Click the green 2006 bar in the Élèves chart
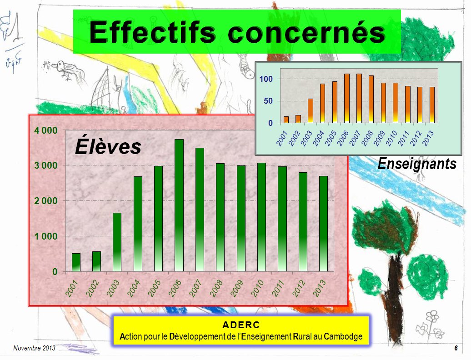179,205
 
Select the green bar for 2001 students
76,262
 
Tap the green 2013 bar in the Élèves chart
324,224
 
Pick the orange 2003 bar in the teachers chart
311,111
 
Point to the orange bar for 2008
371,99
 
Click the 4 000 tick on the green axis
45,130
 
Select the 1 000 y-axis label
45,236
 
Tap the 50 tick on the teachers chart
268,101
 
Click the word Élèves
108,146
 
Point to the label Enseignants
417,164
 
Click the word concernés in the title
306,32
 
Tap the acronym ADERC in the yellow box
241,325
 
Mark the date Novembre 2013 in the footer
34,348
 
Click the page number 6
456,348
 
